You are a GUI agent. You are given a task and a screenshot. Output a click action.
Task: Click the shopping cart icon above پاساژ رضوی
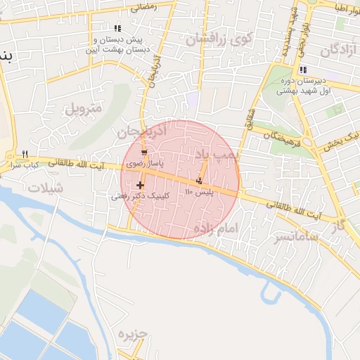click(x=144, y=153)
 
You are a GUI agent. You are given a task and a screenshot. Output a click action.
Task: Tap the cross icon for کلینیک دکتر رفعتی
click(x=141, y=186)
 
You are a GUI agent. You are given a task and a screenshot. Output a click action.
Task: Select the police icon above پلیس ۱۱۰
click(x=199, y=181)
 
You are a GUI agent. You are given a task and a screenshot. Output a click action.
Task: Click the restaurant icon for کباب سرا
click(x=25, y=153)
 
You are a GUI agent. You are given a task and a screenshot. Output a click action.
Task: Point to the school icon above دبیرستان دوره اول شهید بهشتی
click(x=303, y=70)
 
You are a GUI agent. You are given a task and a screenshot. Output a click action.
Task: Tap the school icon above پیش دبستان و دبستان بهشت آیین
click(x=117, y=28)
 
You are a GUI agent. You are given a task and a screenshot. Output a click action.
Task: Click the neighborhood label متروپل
click(x=84, y=109)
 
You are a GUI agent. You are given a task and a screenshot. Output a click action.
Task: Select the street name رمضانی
click(x=145, y=6)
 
